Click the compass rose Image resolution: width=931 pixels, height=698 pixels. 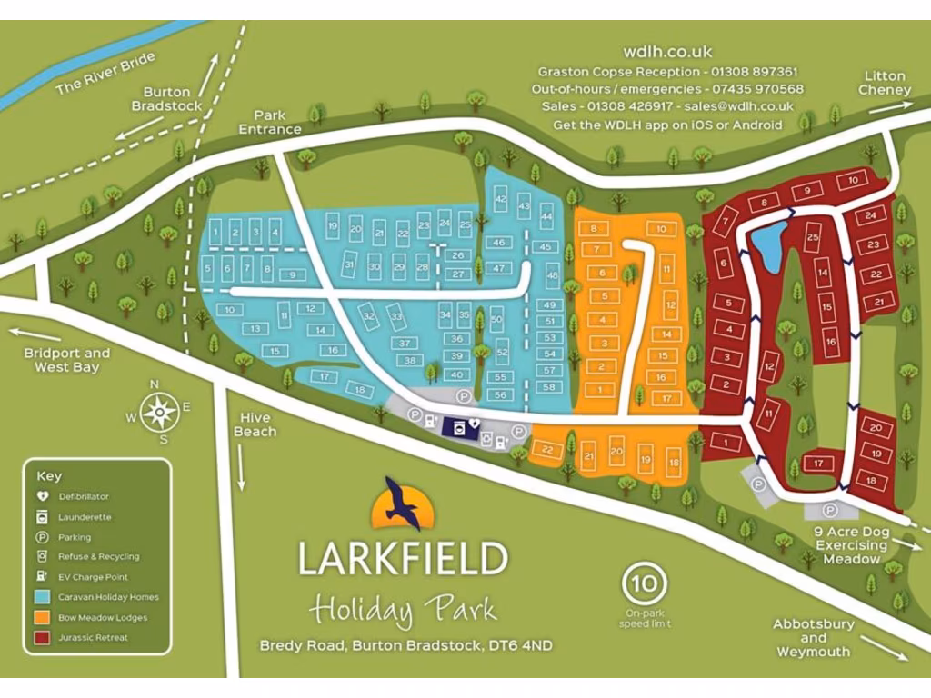[159, 413]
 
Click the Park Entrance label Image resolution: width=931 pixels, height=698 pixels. [270, 123]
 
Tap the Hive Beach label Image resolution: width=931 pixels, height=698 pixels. [255, 424]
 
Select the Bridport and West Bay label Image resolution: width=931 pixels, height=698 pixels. [66, 360]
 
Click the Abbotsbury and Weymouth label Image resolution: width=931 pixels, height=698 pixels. [813, 638]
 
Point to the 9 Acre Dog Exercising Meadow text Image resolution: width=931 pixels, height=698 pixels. [851, 545]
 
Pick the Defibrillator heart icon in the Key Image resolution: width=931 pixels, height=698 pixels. [42, 497]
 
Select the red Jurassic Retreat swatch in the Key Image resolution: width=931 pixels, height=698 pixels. [42, 638]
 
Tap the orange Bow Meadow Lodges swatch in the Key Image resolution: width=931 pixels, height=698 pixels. [42, 618]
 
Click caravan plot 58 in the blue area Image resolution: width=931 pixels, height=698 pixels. [549, 387]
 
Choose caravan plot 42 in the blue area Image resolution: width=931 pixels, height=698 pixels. [500, 200]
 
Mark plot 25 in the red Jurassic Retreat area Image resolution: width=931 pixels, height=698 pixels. [813, 238]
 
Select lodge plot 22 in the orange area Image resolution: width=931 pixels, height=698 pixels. [546, 450]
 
